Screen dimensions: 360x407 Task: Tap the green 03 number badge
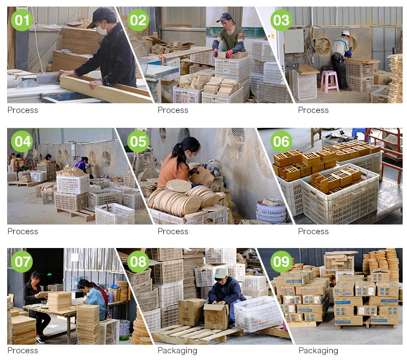point(281,21)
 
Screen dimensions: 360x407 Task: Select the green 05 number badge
point(138,142)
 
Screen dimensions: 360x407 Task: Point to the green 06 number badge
point(281,142)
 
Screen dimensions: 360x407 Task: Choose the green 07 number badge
point(22,262)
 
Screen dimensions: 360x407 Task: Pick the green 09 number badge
point(281,262)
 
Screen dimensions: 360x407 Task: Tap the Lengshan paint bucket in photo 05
point(271,211)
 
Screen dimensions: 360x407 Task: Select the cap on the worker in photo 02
point(225,17)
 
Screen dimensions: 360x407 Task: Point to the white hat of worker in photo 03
point(345,33)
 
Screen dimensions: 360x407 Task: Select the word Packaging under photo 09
point(318,350)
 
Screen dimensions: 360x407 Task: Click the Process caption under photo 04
point(22,231)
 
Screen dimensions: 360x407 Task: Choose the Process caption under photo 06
point(313,231)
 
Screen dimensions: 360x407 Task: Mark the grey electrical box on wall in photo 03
point(294,42)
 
